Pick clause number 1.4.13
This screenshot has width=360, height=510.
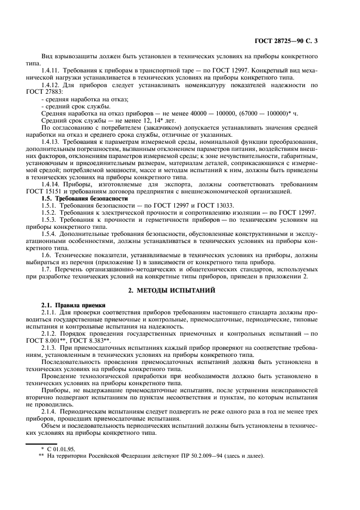tap(51, 142)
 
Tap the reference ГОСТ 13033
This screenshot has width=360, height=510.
tap(212, 205)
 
